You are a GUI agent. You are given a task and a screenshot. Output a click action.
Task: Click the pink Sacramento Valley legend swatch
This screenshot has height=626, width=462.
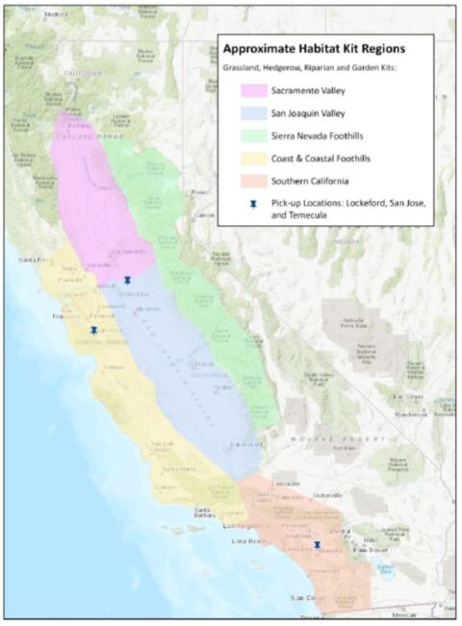(x=255, y=92)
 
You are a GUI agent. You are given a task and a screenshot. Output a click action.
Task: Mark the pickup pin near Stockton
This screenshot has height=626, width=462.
(x=127, y=280)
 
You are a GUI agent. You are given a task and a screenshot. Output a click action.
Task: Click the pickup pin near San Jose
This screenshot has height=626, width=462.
(x=93, y=329)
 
